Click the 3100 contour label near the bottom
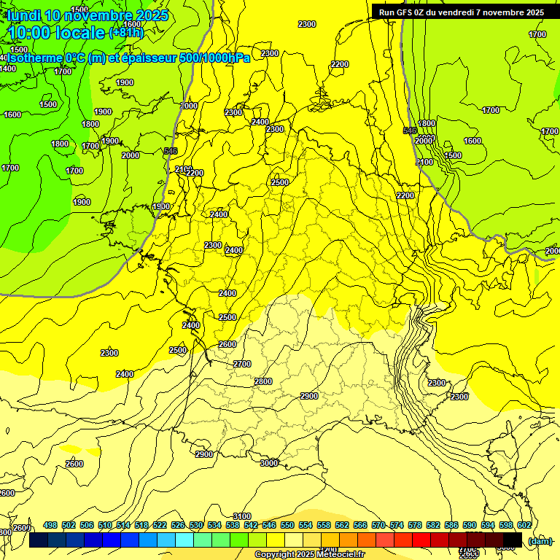click(x=241, y=516)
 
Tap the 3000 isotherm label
click(x=269, y=463)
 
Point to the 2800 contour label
click(x=263, y=381)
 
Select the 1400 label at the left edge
click(x=8, y=69)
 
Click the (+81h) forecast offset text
click(x=126, y=33)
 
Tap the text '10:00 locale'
click(x=56, y=33)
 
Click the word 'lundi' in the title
click(x=24, y=15)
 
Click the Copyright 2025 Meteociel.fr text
click(x=309, y=555)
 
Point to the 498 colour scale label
click(x=50, y=525)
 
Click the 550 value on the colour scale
click(x=287, y=525)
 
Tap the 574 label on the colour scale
click(x=397, y=525)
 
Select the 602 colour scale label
click(x=524, y=525)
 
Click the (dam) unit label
click(x=541, y=540)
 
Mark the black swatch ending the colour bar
click(x=513, y=540)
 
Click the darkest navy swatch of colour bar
click(x=39, y=540)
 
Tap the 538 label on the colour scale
click(x=233, y=525)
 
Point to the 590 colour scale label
click(x=470, y=525)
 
